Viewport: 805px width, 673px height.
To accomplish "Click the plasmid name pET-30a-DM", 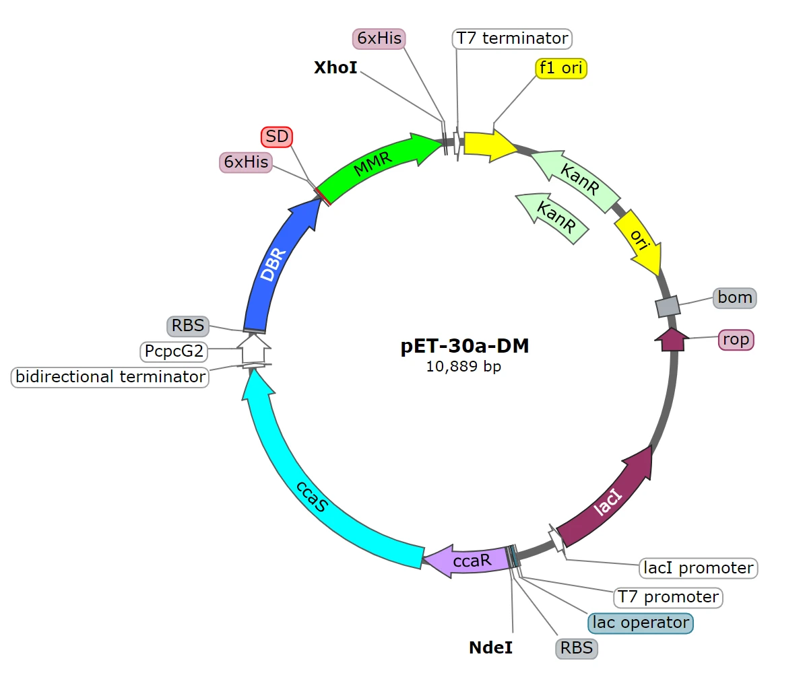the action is click(465, 346).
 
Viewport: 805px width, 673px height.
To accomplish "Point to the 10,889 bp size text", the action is click(463, 366).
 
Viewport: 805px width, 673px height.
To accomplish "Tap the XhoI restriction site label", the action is click(335, 67).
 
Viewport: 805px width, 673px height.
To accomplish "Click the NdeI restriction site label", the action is click(491, 647).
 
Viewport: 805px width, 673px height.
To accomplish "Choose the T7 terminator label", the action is click(512, 38).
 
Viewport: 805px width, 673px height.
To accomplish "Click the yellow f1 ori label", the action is click(560, 68).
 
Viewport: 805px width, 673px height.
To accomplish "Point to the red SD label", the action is click(277, 137).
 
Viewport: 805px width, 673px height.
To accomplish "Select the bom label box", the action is click(735, 297).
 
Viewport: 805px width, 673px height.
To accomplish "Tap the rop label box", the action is click(736, 340).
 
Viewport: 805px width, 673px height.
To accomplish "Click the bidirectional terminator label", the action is click(110, 377).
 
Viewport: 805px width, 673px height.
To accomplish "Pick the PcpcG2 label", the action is click(174, 351).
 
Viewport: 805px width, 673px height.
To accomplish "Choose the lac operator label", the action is click(640, 623).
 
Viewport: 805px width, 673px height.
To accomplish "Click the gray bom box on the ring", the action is click(668, 306).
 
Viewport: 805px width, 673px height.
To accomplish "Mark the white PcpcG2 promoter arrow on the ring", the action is click(253, 349).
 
